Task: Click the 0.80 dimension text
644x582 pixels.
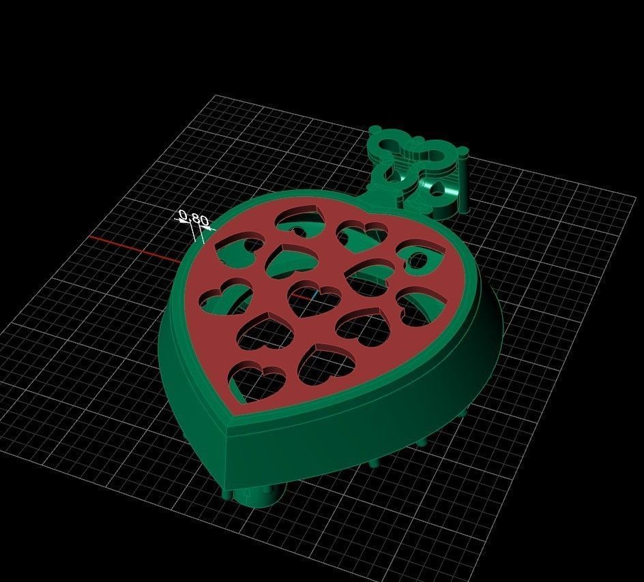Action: click(x=194, y=219)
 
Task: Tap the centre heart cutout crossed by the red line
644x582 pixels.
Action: click(x=314, y=298)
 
